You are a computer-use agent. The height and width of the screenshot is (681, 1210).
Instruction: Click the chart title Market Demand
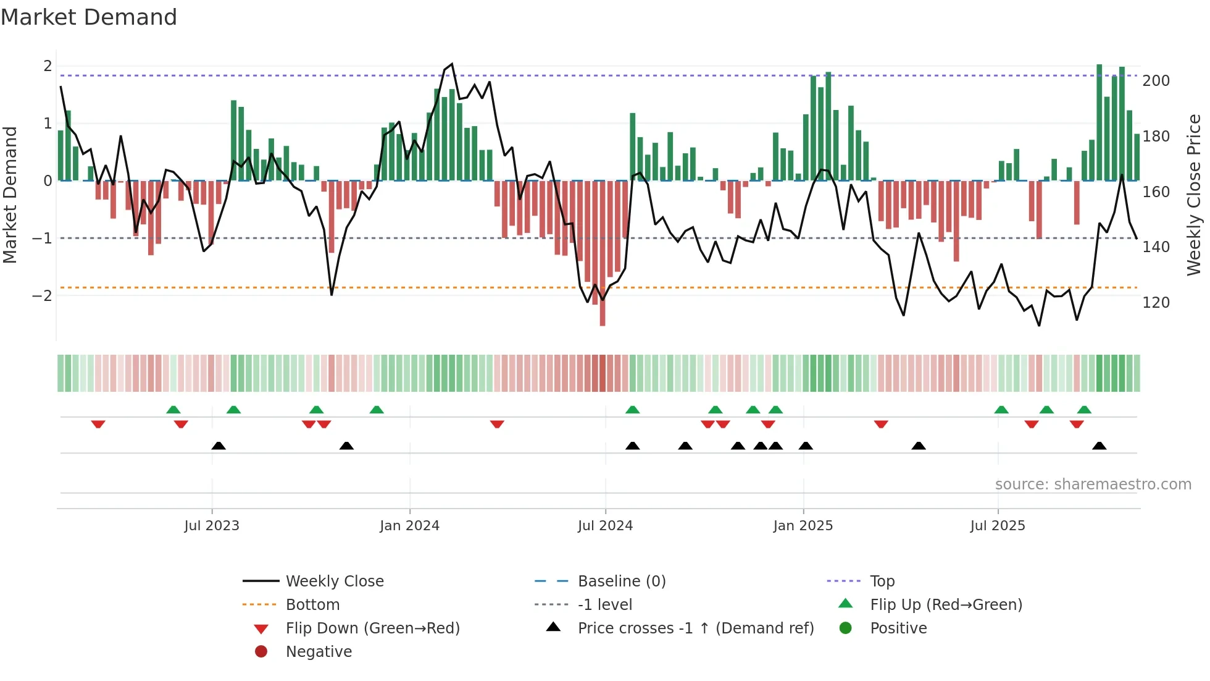89,17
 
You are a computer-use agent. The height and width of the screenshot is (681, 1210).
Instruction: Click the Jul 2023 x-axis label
211,526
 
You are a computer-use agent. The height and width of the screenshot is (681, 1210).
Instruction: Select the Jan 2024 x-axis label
409,526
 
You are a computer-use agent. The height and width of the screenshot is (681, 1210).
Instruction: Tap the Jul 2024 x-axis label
605,526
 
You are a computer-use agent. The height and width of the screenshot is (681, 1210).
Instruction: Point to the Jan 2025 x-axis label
803,526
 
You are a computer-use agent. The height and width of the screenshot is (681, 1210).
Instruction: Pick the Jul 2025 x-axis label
997,526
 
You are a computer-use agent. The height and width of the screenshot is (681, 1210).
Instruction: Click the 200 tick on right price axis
1156,81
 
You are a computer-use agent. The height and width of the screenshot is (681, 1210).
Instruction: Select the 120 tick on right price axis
1156,303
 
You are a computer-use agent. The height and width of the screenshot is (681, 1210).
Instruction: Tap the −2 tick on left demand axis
42,295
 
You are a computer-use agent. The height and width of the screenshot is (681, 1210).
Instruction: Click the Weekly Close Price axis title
1194,195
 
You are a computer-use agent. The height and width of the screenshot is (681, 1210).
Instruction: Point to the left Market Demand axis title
10,195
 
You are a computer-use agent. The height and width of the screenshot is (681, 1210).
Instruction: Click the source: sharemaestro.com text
1093,484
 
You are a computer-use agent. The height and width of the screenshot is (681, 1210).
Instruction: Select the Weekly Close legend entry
334,582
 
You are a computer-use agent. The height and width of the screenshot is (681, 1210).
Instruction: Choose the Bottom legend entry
312,605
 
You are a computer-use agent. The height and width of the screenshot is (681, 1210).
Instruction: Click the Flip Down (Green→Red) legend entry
372,628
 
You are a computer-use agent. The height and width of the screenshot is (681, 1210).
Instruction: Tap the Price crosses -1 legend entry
695,628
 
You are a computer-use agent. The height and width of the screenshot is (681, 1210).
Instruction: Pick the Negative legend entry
319,652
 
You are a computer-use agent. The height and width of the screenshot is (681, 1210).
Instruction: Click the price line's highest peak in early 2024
452,64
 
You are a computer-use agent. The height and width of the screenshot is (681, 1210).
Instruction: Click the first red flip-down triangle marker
98,424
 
